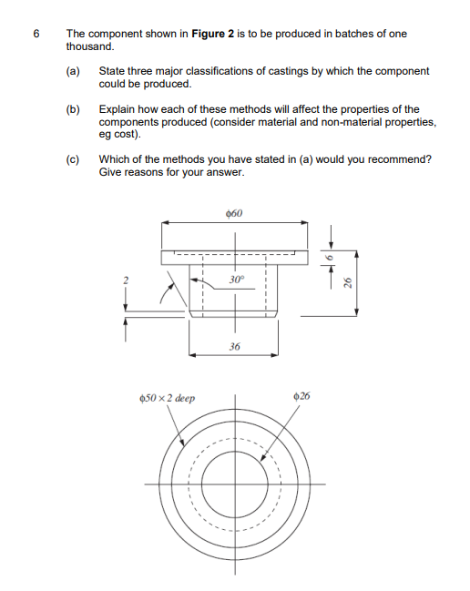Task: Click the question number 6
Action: coord(36,34)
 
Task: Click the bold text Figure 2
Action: coord(214,34)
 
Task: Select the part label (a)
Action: coord(73,70)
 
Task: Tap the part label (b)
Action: coord(73,108)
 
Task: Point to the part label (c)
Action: coord(73,158)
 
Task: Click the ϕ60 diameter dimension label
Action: coord(233,214)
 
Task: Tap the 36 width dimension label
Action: coord(234,347)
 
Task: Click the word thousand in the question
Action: coord(90,45)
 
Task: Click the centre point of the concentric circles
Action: coord(236,483)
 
